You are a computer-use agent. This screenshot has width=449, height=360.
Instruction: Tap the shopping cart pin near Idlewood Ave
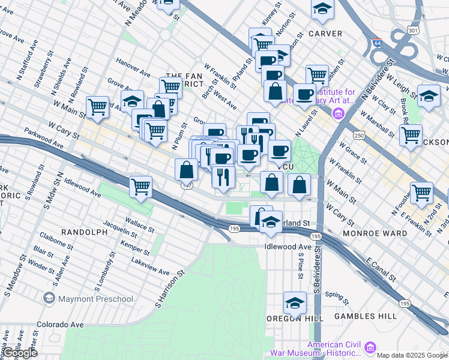click(140, 186)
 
